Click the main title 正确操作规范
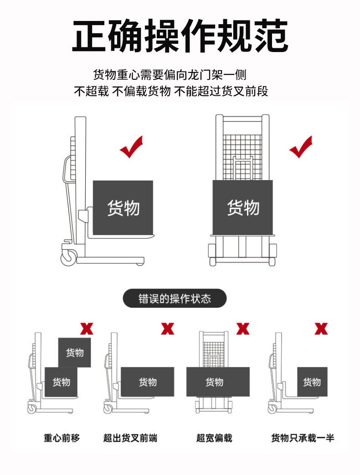pyautogui.click(x=180, y=36)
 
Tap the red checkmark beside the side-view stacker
pyautogui.click(x=131, y=147)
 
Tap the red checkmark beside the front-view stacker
pyautogui.click(x=301, y=147)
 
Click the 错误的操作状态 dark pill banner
pyautogui.click(x=175, y=299)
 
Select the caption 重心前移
pyautogui.click(x=62, y=438)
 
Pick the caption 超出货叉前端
pyautogui.click(x=130, y=438)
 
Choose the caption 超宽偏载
pyautogui.click(x=214, y=438)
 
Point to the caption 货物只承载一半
pyautogui.click(x=303, y=438)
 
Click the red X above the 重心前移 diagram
pyautogui.click(x=87, y=329)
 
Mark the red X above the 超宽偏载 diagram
pyautogui.click(x=243, y=329)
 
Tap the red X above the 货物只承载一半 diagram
pyautogui.click(x=321, y=329)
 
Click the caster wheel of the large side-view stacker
pyautogui.click(x=69, y=258)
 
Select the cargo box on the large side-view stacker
pyautogui.click(x=123, y=208)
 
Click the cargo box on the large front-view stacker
pyautogui.click(x=242, y=208)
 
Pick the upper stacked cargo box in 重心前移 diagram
pyautogui.click(x=74, y=353)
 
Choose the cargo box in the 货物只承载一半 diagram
pyautogui.click(x=313, y=382)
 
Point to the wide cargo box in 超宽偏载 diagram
pyautogui.click(x=218, y=382)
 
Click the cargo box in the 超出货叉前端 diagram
pyautogui.click(x=148, y=382)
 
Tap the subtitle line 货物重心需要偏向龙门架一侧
pyautogui.click(x=170, y=74)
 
